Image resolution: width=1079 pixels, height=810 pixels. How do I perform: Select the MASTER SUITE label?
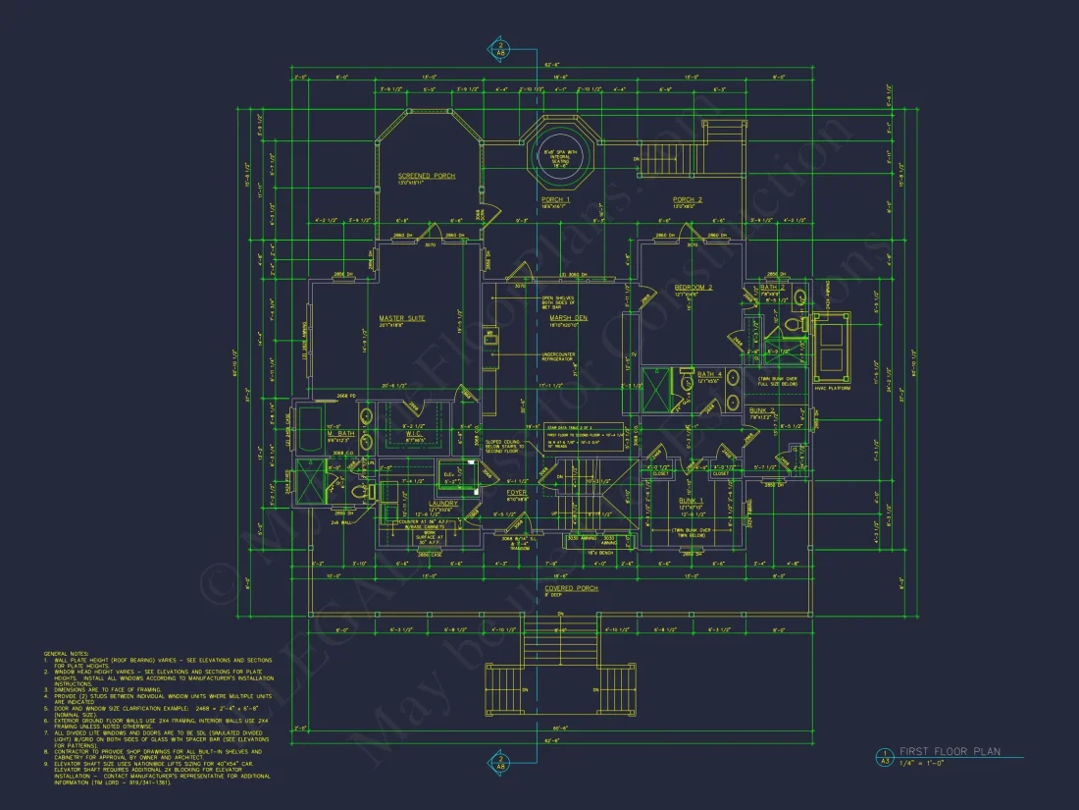point(402,318)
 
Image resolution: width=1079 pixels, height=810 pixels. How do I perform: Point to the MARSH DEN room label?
point(568,318)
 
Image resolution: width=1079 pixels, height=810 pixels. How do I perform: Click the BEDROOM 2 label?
point(693,288)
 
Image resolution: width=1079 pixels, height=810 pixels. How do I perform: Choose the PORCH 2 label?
point(687,199)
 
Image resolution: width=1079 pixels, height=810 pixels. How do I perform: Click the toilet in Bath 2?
point(800,297)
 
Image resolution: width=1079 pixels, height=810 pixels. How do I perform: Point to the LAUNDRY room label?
point(442,503)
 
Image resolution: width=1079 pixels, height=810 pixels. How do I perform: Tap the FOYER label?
point(517,492)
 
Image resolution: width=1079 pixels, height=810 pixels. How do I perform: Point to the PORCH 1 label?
point(555,199)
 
